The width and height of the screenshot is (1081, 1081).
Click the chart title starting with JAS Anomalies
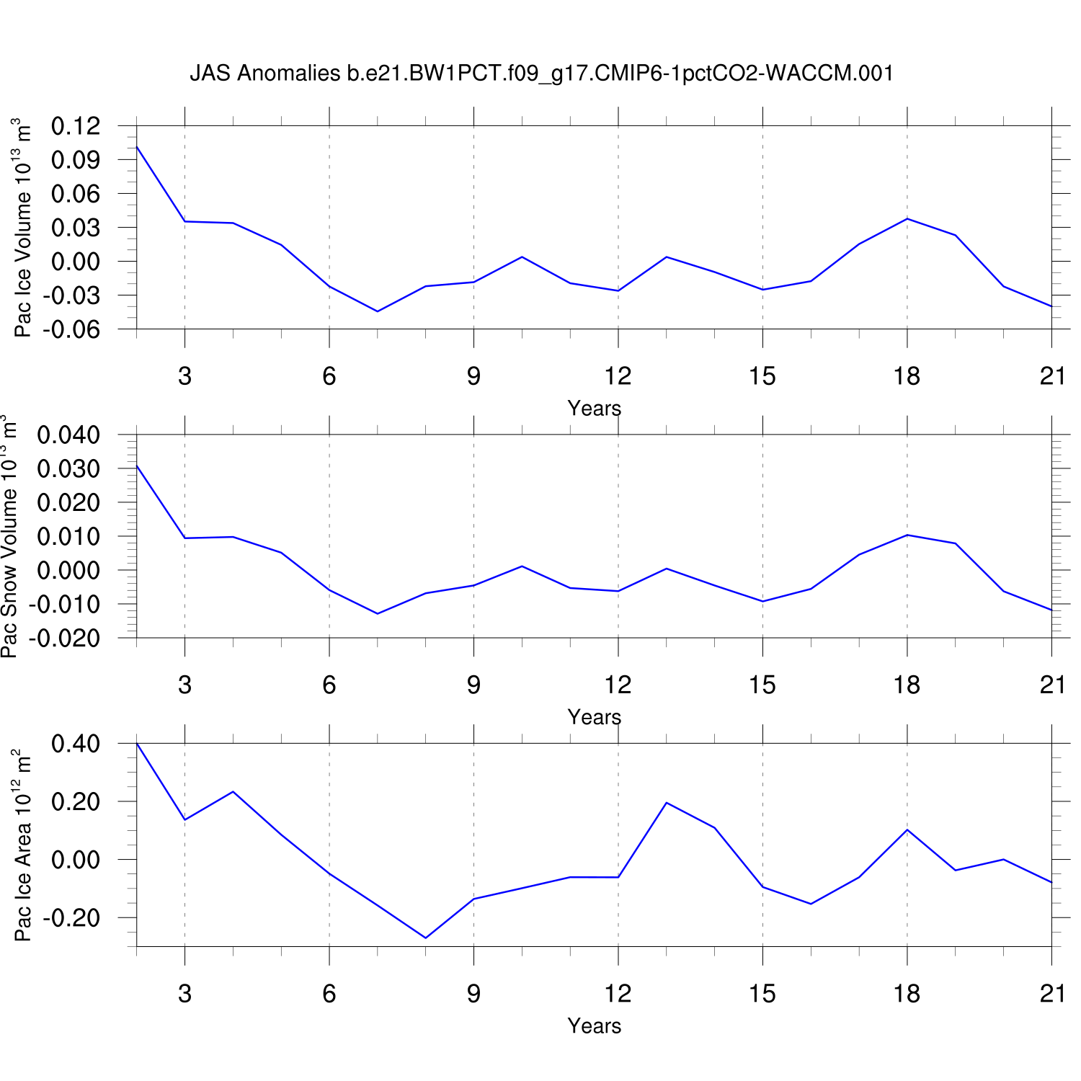541,73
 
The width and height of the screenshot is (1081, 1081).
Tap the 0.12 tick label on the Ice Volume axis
76,126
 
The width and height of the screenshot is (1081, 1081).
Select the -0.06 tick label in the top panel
72,329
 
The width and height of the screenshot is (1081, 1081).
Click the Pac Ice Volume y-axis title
23,228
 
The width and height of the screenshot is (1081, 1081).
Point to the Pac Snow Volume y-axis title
9,536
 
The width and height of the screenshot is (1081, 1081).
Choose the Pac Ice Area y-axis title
23,845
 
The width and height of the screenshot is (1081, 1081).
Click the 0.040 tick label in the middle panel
68,435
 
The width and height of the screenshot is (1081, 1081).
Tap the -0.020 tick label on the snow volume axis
65,638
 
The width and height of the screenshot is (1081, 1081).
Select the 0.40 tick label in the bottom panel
76,744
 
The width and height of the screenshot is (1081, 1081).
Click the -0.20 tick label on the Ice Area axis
72,918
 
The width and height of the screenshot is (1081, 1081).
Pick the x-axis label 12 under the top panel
618,376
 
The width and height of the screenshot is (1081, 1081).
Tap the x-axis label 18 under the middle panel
907,685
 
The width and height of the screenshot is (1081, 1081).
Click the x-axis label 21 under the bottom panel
1052,994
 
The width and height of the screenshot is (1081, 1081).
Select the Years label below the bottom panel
594,1026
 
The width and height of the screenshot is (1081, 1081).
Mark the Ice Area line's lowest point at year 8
426,938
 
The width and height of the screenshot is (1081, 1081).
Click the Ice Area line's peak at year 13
667,803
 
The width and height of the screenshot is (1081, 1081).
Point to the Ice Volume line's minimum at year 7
378,311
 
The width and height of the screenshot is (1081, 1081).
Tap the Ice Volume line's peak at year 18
907,218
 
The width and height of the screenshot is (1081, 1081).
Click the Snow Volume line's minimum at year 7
378,613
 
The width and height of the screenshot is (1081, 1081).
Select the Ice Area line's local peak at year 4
233,792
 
